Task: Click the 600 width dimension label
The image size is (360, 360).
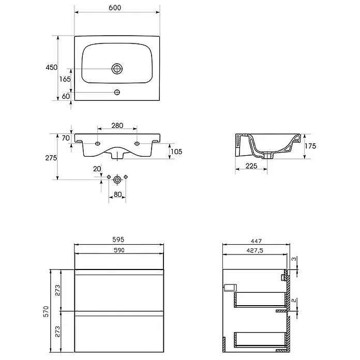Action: (115, 8)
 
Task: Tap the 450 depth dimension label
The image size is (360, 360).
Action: (51, 67)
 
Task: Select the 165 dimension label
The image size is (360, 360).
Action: (65, 79)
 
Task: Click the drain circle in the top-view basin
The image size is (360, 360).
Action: (117, 69)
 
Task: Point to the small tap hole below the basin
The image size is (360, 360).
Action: (117, 92)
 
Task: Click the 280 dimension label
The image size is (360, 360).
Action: (117, 126)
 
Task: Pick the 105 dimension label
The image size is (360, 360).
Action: (176, 152)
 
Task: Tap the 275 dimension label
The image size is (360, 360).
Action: (51, 158)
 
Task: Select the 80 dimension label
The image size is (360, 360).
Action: (117, 194)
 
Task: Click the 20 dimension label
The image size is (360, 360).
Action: (97, 169)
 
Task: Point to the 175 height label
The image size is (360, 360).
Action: (310, 146)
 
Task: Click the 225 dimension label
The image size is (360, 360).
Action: (251, 166)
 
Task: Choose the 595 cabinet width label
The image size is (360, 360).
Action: (118, 239)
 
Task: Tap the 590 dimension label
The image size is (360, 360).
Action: (119, 250)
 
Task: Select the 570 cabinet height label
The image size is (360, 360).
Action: (46, 311)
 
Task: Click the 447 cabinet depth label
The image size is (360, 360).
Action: (256, 241)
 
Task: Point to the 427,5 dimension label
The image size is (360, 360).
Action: (255, 250)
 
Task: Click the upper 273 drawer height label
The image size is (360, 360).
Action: (57, 290)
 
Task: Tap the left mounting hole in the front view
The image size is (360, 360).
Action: (98, 143)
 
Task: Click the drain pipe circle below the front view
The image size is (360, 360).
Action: (117, 179)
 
